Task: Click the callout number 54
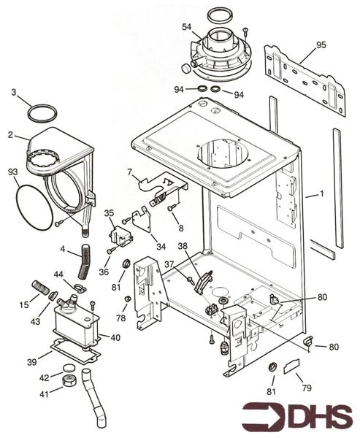(x=187, y=27)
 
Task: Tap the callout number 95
(x=321, y=45)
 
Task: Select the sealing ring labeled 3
(x=42, y=113)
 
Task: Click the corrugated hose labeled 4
(x=84, y=261)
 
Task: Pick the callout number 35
(x=109, y=213)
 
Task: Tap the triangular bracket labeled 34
(x=142, y=219)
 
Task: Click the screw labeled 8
(x=171, y=208)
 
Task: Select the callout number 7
(x=129, y=172)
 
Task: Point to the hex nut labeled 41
(x=68, y=380)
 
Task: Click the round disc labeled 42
(x=69, y=368)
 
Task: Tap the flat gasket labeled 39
(x=75, y=351)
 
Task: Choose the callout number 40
(x=115, y=338)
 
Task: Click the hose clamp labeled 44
(x=80, y=288)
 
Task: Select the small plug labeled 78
(x=128, y=299)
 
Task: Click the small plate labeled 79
(x=292, y=366)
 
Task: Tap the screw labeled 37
(x=191, y=280)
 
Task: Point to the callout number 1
(x=322, y=193)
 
